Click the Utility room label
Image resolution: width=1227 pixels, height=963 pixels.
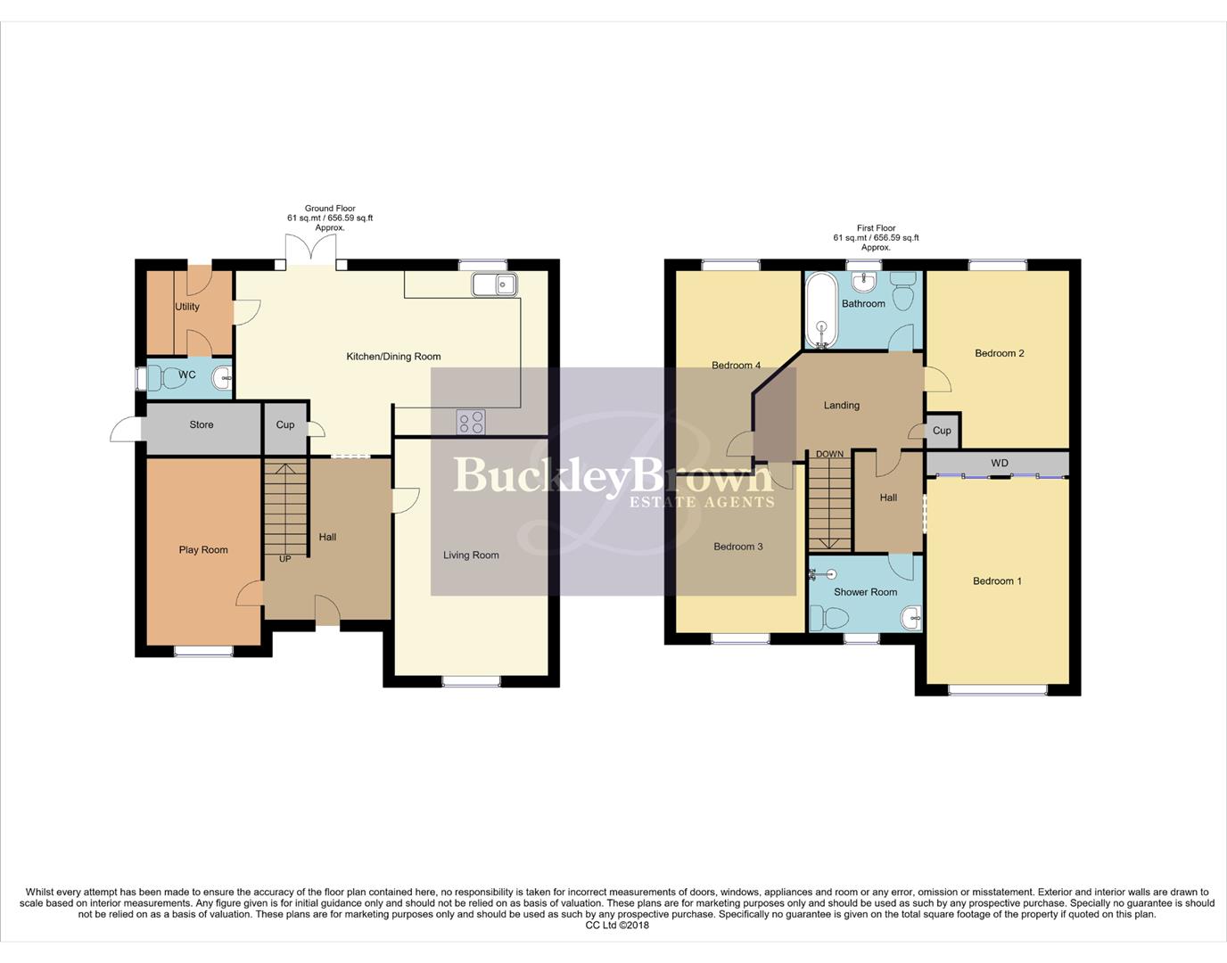187,307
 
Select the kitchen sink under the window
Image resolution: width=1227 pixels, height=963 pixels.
494,284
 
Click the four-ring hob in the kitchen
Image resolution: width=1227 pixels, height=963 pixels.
471,422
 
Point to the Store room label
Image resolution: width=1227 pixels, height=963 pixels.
202,425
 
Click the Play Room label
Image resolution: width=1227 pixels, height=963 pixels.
203,550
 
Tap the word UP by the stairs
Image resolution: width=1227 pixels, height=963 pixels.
285,559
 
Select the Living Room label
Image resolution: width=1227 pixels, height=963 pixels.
471,556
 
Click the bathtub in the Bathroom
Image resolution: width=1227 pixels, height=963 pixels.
820,309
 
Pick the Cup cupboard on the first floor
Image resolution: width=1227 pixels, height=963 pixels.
942,431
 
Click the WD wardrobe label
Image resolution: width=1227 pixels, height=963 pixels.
999,464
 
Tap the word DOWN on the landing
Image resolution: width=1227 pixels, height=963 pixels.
829,455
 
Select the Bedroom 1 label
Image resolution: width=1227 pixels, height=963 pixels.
997,581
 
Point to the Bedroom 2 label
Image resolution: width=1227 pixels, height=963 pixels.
999,354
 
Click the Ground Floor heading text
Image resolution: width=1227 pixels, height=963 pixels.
330,209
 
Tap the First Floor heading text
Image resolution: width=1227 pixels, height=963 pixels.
876,228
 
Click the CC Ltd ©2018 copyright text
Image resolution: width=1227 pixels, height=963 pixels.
617,926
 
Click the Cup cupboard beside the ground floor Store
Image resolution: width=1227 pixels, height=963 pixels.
285,425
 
